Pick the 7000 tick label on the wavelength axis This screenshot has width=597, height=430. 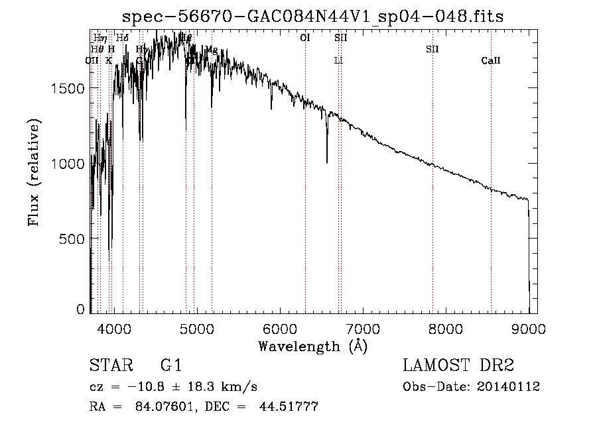tap(363, 327)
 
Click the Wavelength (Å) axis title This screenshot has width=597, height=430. tap(312, 346)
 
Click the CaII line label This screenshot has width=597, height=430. tap(491, 61)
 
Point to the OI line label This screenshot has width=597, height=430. tap(305, 38)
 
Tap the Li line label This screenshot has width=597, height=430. tap(338, 61)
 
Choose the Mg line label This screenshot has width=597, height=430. tap(212, 50)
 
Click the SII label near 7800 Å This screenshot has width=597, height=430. tap(432, 49)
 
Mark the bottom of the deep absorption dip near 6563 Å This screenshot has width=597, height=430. tap(327, 162)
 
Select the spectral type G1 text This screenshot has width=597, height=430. tap(170, 366)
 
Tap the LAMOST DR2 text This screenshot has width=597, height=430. tap(458, 366)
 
